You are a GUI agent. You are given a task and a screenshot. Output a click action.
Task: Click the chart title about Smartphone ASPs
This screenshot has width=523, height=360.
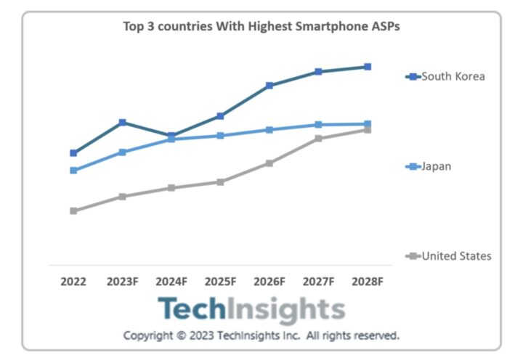(261, 26)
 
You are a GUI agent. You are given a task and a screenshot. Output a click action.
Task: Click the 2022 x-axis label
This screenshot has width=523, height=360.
(73, 281)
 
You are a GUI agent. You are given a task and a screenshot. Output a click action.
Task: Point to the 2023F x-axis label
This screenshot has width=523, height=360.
(122, 281)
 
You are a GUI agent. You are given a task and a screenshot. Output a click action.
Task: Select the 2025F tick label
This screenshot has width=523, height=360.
(220, 281)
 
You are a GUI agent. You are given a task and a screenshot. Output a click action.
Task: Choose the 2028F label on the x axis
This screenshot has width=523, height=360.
(368, 281)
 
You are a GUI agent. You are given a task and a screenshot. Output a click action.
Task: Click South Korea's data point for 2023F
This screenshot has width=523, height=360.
(123, 122)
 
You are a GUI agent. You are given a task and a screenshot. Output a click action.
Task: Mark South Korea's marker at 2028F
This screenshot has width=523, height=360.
(368, 67)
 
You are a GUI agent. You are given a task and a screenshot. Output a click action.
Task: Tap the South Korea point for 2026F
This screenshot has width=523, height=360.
(269, 86)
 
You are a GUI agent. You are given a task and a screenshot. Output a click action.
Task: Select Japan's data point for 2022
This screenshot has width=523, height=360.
(73, 171)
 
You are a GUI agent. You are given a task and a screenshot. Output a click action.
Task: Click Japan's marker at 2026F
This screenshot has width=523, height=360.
(269, 130)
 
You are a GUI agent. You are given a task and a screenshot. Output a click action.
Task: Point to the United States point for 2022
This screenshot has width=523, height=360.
(73, 211)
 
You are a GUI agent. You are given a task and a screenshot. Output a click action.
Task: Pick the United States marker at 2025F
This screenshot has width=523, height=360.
(220, 182)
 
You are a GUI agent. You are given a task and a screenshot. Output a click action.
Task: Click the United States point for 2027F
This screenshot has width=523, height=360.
(318, 139)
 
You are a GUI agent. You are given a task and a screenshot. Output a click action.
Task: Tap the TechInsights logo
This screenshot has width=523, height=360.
(251, 310)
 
